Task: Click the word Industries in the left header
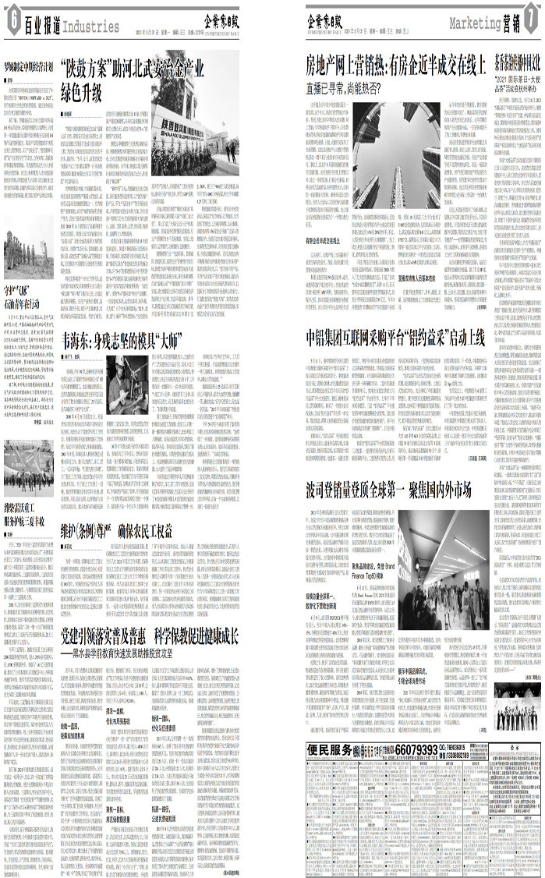(x=92, y=28)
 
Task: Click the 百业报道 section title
(x=41, y=27)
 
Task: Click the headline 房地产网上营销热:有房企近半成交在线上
(x=398, y=65)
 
